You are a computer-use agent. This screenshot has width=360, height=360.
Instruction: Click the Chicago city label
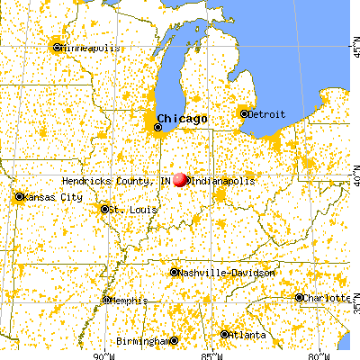pos(183,119)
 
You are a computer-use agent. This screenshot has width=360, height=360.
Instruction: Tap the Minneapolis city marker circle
pos(57,47)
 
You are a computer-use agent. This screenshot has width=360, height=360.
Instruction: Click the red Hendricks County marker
pos(180,180)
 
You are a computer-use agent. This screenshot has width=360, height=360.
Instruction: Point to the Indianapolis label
pos(222,181)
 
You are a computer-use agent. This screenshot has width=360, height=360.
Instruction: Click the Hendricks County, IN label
pos(116,181)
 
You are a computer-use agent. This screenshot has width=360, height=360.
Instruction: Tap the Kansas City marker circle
pos(19,196)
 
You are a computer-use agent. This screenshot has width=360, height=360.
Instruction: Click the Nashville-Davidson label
pos(216,272)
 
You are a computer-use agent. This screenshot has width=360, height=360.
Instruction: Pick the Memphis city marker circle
pos(107,301)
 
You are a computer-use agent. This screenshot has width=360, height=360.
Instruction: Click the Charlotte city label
pos(326,298)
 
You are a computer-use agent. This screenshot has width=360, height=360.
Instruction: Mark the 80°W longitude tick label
pos(314,354)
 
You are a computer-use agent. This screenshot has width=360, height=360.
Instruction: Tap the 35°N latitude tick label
pos(354,307)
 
